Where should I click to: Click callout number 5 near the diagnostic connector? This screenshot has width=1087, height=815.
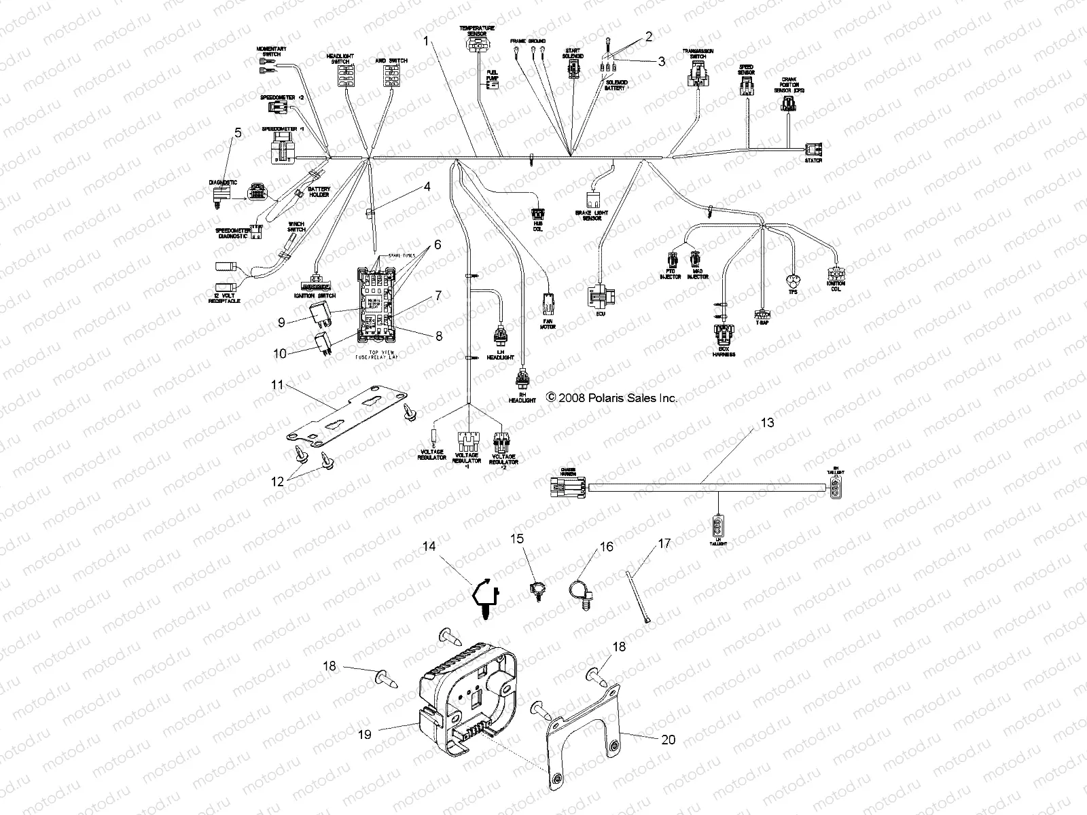pos(237,134)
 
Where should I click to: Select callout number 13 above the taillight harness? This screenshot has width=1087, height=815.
pos(766,422)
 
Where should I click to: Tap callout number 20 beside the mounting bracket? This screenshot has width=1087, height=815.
pos(669,740)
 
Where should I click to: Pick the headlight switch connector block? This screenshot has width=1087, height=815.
pos(346,76)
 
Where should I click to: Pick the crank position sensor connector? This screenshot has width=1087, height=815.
pos(789,104)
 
